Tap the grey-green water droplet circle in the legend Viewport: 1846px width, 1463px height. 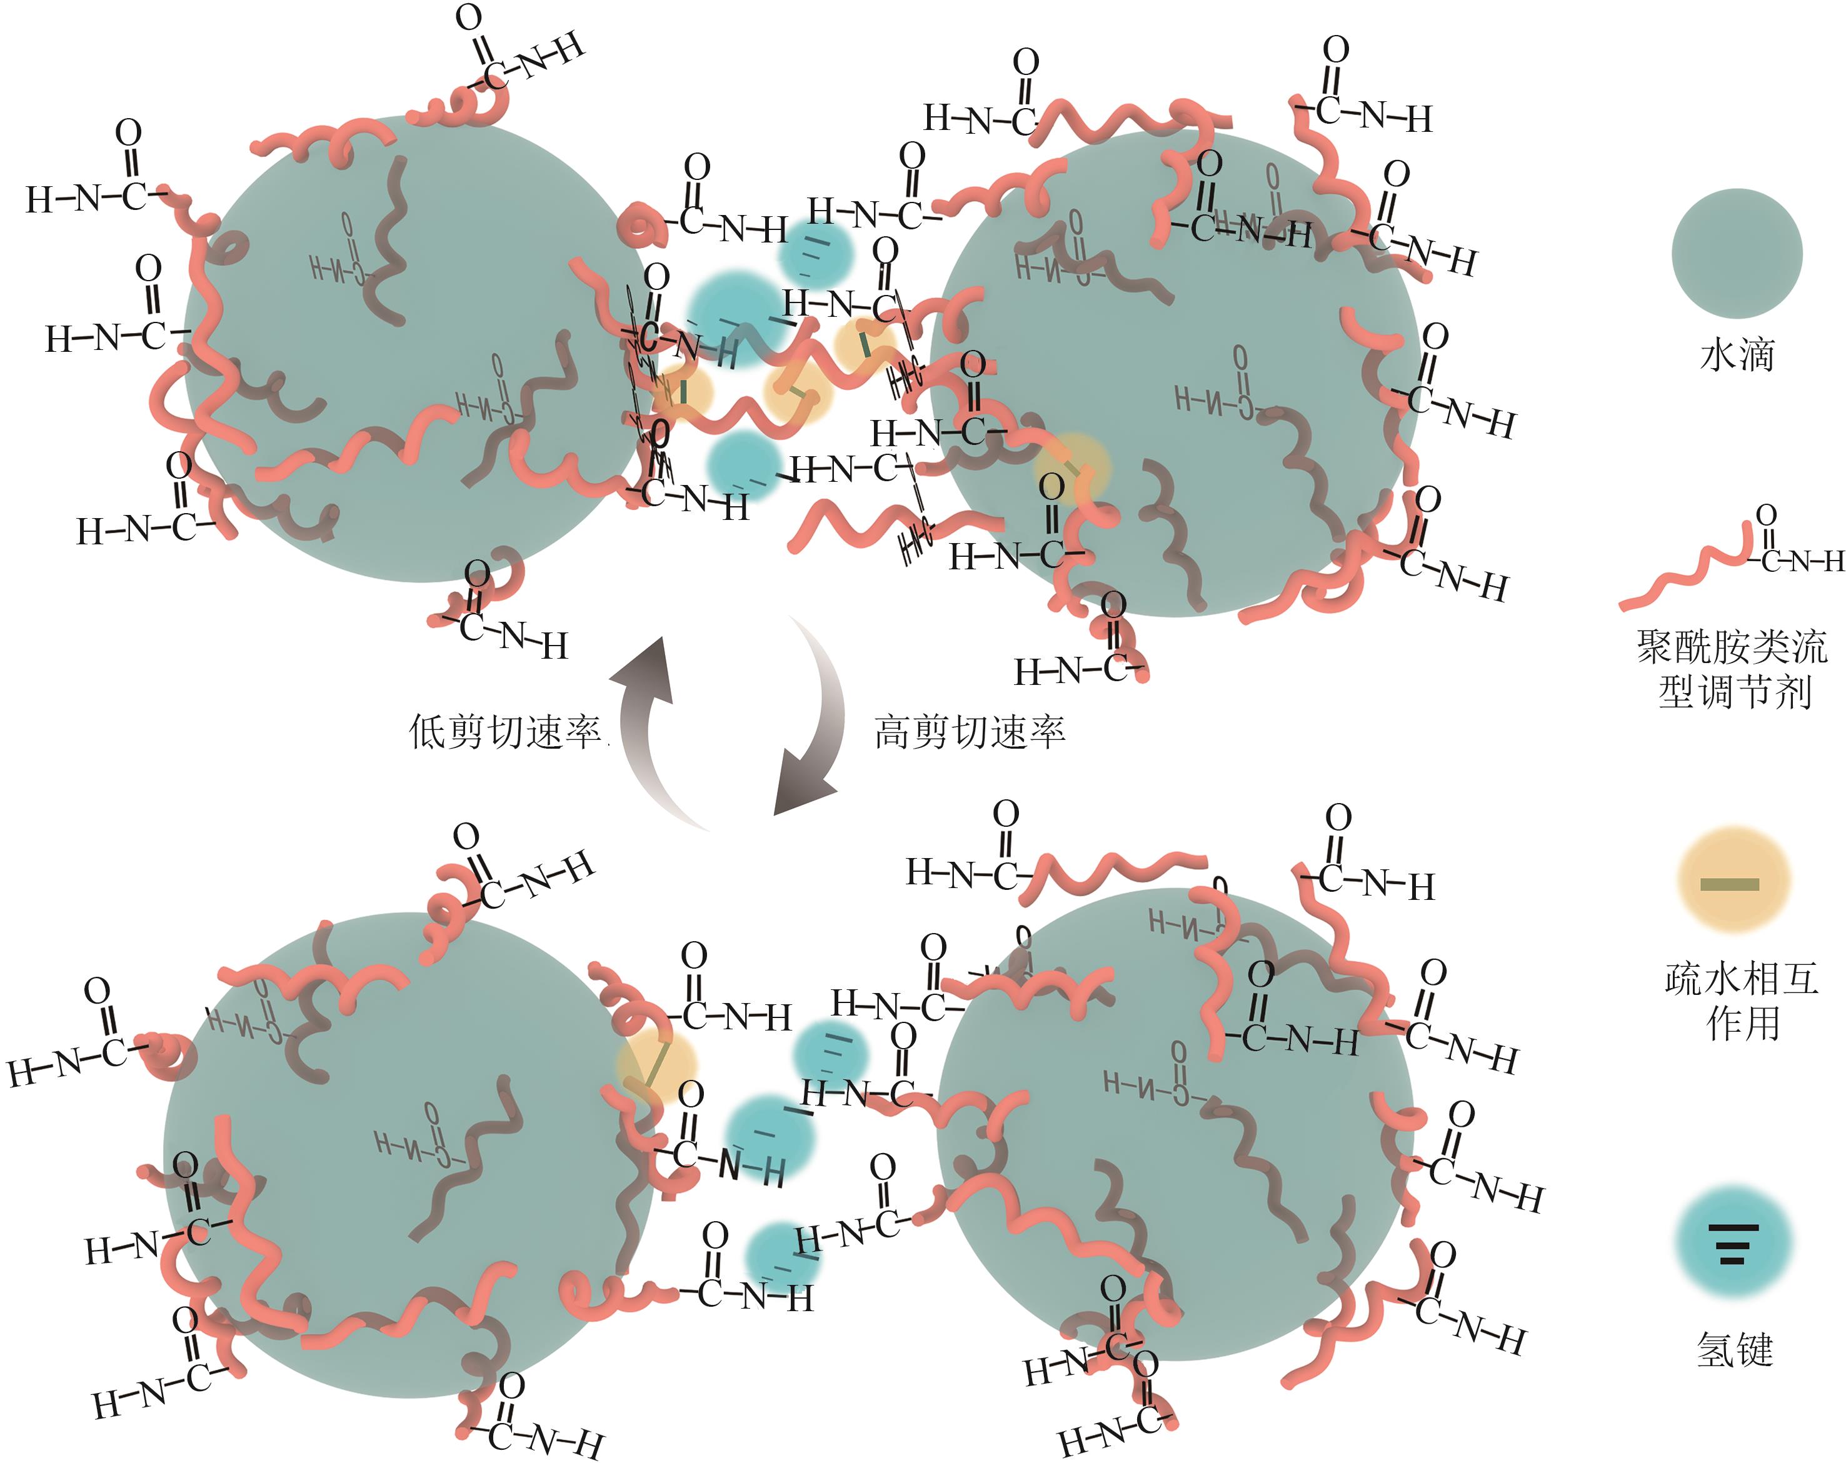(x=1737, y=253)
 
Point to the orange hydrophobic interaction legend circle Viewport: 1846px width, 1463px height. (x=1733, y=879)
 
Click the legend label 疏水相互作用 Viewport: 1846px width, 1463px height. (x=1742, y=1000)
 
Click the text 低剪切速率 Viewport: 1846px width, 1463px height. (x=505, y=732)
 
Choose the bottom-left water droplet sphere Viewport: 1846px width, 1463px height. (x=403, y=1156)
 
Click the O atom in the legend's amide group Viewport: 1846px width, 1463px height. (x=1765, y=516)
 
